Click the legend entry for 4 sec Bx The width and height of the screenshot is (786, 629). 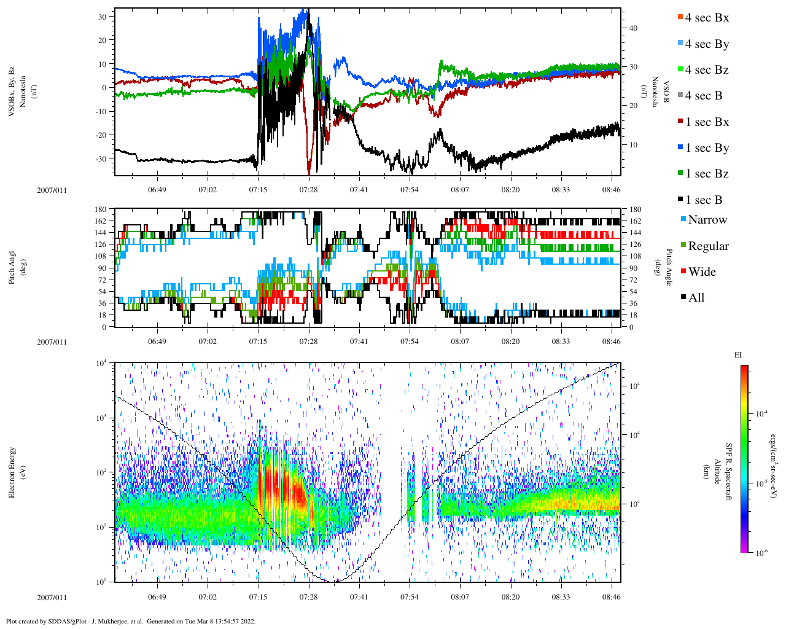coord(706,18)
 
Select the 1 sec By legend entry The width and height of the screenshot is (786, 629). coord(706,148)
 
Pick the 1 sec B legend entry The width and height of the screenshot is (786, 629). coord(703,200)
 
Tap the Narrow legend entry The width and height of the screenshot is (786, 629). coord(706,220)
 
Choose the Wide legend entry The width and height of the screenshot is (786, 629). coord(701,272)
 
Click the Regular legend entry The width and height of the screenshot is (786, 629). coord(707,246)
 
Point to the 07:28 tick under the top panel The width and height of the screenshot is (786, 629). coord(308,190)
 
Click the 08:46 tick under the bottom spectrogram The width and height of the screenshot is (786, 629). coord(611,597)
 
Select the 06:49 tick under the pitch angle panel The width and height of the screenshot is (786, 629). coord(157,342)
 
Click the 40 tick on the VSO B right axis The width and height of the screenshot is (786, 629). coord(633,28)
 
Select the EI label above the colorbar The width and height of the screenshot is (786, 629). coord(737,355)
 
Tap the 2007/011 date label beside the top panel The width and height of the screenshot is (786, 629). coord(52,190)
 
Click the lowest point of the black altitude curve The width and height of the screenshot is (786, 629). coord(332,581)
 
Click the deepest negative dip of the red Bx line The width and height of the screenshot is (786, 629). coord(309,173)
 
